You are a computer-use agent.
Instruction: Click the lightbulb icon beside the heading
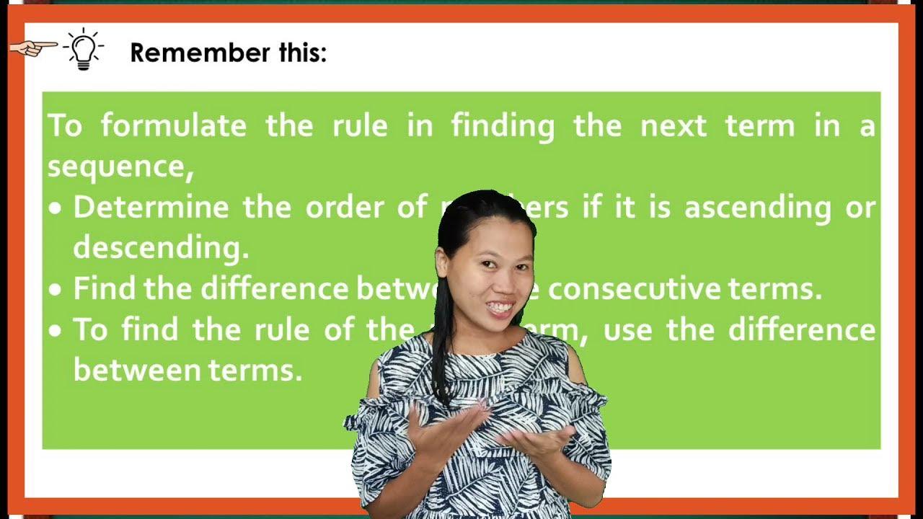point(84,50)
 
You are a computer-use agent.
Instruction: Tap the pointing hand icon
point(33,48)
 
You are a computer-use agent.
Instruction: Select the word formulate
point(173,126)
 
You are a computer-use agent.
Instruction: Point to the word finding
point(503,126)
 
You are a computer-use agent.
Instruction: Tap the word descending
point(160,248)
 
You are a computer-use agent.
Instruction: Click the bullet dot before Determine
point(56,209)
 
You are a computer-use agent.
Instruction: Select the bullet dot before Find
point(56,290)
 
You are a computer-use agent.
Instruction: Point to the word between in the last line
point(136,370)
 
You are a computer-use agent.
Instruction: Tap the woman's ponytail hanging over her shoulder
point(442,339)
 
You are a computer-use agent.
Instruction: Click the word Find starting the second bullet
point(105,288)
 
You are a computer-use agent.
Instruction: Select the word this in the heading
point(302,53)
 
